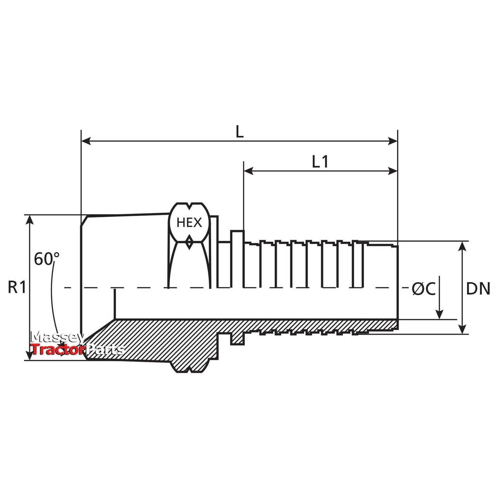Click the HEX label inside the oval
189,222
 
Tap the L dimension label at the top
239,132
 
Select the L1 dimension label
320,162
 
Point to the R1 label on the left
17,288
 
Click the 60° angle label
46,259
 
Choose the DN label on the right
478,289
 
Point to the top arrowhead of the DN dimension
462,246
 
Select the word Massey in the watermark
57,337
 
